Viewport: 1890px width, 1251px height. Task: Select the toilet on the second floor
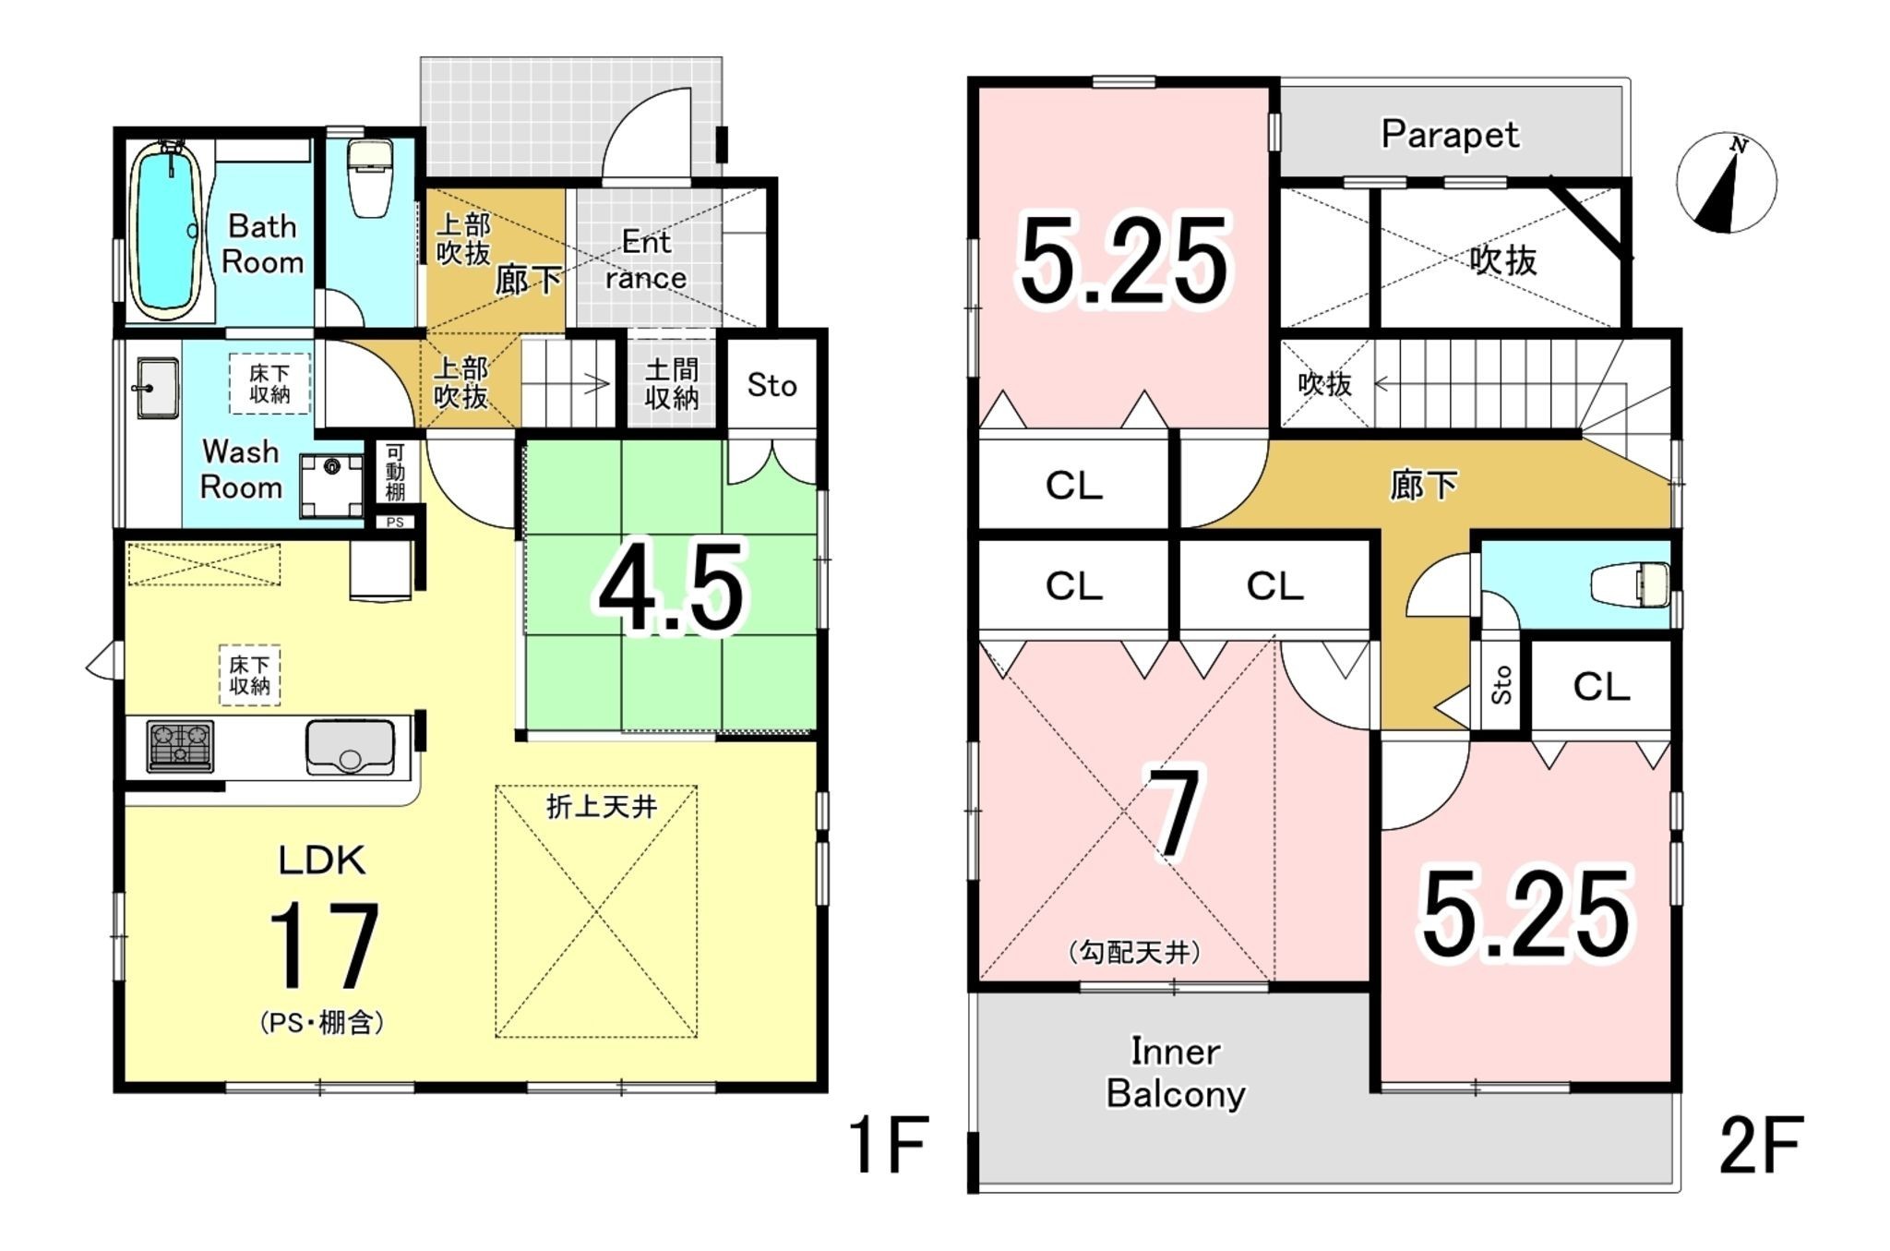pyautogui.click(x=1631, y=584)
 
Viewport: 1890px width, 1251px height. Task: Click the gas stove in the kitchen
pyautogui.click(x=180, y=746)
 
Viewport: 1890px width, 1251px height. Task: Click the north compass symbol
pyautogui.click(x=1726, y=183)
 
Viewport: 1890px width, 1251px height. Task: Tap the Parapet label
pyautogui.click(x=1449, y=135)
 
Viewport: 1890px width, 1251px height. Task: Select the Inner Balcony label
pyautogui.click(x=1176, y=1072)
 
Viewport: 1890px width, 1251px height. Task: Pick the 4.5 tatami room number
pyautogui.click(x=671, y=588)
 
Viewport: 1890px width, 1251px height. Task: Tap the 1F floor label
pyautogui.click(x=888, y=1144)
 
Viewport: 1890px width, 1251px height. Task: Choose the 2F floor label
pyautogui.click(x=1761, y=1145)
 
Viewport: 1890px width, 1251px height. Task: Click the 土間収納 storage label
pyautogui.click(x=671, y=384)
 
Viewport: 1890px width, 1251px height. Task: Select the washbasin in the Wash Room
pyautogui.click(x=158, y=388)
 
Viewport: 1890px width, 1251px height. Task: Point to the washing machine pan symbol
pyautogui.click(x=331, y=486)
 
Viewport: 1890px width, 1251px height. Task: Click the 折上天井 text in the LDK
pyautogui.click(x=602, y=807)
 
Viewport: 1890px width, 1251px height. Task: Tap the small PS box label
pyautogui.click(x=395, y=523)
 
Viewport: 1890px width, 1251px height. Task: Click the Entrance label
pyautogui.click(x=646, y=259)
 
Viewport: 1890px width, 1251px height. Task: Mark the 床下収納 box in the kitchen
pyautogui.click(x=249, y=676)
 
